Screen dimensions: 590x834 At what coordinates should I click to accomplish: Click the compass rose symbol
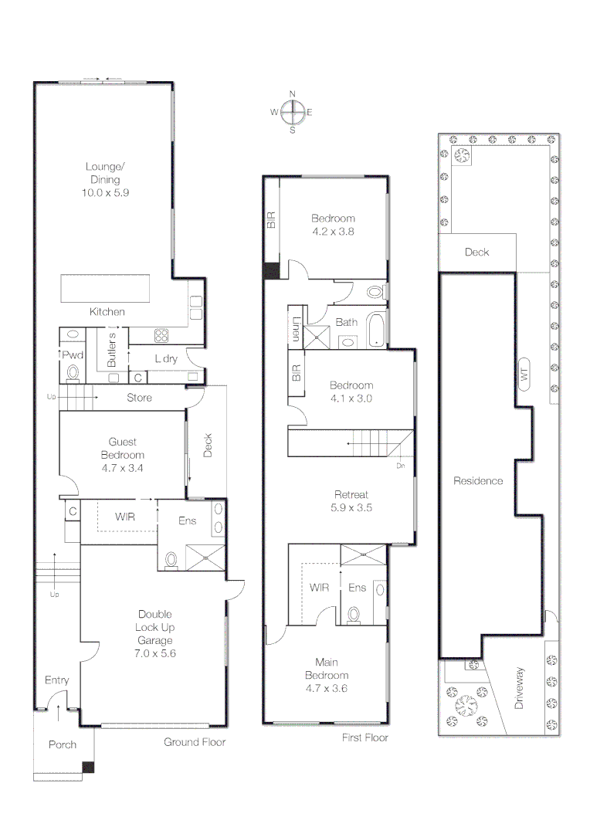coord(292,112)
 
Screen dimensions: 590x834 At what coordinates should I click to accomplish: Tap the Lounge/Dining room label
coord(105,173)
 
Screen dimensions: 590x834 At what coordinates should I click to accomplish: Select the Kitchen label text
coord(107,312)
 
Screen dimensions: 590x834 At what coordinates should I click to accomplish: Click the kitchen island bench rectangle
coord(105,288)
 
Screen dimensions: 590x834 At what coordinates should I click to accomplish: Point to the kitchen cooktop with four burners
coord(161,336)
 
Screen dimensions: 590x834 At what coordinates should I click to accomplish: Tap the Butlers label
coord(112,350)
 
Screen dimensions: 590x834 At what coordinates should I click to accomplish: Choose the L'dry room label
coord(166,359)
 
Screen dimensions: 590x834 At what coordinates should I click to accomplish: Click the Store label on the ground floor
coord(139,398)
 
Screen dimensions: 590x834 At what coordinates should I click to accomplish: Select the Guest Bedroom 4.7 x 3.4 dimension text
coord(122,468)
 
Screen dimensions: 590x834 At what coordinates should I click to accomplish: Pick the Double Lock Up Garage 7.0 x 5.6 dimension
coord(154,653)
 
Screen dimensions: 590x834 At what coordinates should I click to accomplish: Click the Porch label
coord(63,744)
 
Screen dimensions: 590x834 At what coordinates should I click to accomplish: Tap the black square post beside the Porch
coord(88,768)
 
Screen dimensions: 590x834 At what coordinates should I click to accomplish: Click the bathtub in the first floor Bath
coord(376,331)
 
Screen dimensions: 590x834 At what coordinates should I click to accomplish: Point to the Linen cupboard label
coord(297,329)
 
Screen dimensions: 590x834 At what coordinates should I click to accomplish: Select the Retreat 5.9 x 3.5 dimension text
coord(351,507)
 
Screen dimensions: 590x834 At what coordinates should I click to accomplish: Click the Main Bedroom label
coord(327,669)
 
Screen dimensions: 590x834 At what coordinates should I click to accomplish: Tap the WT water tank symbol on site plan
coord(524,375)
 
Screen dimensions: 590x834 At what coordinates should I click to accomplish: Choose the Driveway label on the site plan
coord(519,688)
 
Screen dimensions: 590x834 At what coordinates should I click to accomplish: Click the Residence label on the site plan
coord(478,481)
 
